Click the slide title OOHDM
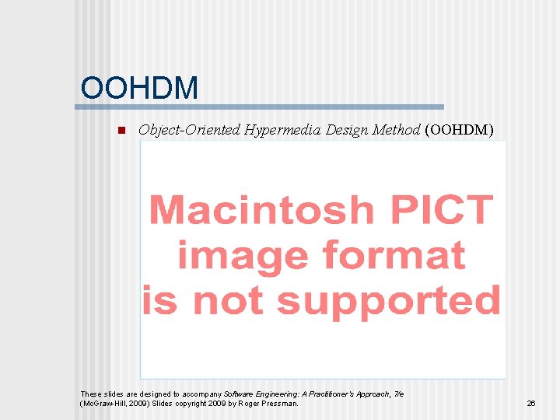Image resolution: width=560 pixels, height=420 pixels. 139,88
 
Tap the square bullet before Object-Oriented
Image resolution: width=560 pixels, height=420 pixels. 120,130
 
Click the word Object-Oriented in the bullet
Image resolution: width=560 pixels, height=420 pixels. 189,130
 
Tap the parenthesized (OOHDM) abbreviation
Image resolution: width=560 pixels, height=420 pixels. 459,130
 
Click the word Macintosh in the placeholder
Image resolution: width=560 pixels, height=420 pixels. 261,210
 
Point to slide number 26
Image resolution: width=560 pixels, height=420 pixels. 531,404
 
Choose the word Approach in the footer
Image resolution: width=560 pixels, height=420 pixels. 369,394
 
